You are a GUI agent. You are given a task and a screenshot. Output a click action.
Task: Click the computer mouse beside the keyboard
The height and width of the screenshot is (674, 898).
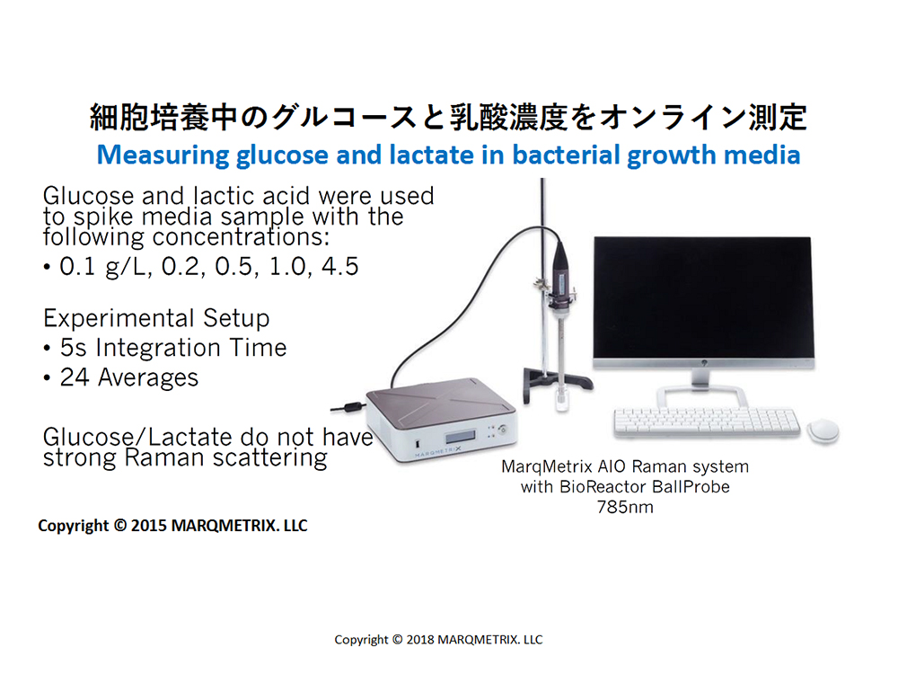[823, 430]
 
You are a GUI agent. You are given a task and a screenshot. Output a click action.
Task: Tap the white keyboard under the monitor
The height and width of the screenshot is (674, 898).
[707, 421]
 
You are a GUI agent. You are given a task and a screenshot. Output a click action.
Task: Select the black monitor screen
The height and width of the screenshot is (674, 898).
[703, 297]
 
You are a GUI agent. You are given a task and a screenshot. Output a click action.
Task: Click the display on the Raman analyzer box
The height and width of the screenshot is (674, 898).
[460, 437]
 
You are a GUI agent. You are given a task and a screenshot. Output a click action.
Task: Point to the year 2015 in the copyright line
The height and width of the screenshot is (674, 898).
[149, 526]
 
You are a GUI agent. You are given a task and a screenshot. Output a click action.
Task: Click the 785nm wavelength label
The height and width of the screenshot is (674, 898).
[625, 507]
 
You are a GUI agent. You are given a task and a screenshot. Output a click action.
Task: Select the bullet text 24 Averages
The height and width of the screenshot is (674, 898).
[128, 377]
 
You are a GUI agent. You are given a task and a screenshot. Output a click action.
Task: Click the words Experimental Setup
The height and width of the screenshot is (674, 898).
[156, 318]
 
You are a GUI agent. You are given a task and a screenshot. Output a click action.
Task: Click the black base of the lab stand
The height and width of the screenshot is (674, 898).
[557, 382]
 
